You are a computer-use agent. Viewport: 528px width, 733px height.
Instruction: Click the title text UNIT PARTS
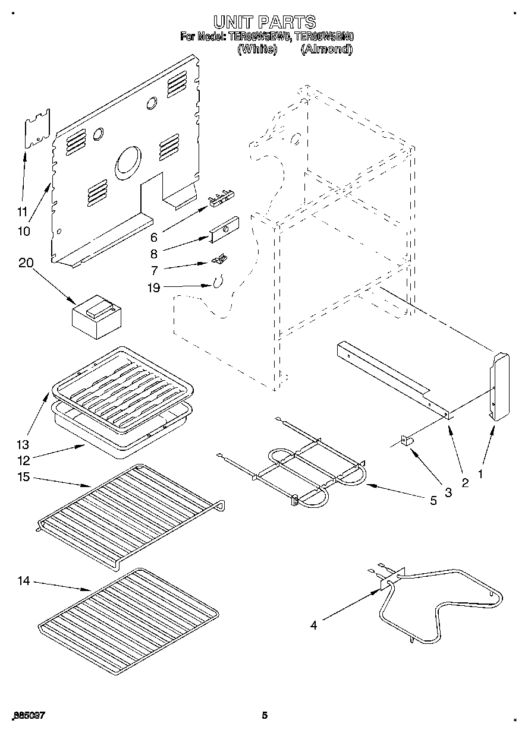point(264,23)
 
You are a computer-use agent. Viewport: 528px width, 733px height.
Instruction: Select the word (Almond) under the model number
point(326,50)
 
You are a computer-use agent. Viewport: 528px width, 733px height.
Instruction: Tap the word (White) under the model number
point(257,50)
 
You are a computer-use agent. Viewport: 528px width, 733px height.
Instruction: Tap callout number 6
point(153,238)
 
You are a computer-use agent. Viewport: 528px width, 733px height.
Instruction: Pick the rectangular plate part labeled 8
point(224,229)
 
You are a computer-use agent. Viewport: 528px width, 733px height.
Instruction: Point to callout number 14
point(24,581)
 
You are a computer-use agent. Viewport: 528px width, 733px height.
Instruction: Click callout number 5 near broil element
point(433,501)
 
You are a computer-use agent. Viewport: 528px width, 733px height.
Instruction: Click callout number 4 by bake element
point(313,624)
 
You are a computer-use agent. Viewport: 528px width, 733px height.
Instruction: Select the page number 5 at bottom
point(265,715)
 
